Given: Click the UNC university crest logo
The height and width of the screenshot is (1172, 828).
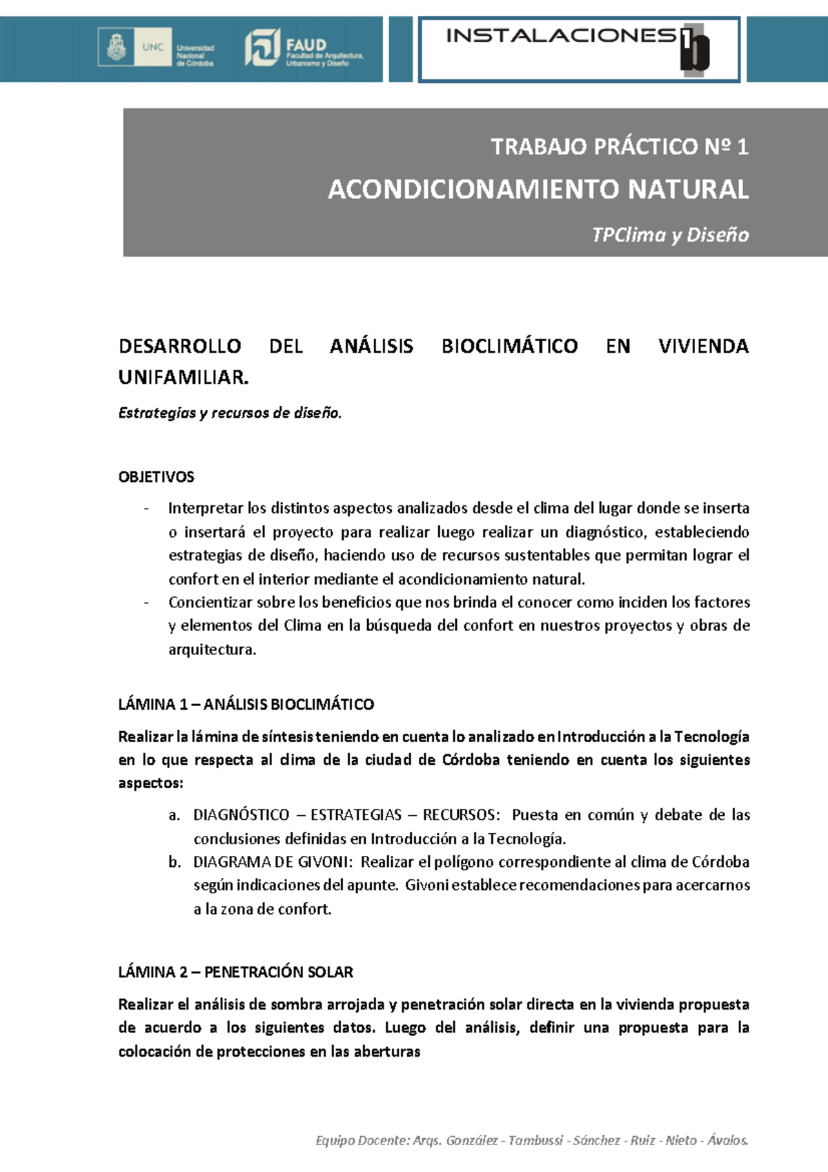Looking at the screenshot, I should [117, 48].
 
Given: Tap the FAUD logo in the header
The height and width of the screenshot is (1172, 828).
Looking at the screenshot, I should [304, 48].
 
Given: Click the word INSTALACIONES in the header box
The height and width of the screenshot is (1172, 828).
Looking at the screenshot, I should [560, 36].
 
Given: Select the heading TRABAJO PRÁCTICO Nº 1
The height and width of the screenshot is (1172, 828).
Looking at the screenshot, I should [619, 147].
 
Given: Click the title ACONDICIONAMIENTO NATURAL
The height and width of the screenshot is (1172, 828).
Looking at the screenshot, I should [538, 189].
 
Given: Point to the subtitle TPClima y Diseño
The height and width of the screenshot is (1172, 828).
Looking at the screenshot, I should [670, 235].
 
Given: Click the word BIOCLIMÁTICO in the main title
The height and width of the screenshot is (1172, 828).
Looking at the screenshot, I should [509, 346].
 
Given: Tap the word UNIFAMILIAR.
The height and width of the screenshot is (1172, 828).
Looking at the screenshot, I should [183, 378].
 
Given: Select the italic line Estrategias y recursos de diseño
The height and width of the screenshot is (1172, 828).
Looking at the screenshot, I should [230, 413].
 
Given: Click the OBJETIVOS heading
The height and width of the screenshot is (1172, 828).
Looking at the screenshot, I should [157, 477].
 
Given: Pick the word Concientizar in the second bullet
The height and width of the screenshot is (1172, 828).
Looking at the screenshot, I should [210, 603].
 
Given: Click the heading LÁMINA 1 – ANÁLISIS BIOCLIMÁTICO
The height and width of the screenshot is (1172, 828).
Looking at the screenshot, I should [246, 705].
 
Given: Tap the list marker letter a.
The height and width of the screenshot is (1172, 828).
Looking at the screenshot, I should [173, 815].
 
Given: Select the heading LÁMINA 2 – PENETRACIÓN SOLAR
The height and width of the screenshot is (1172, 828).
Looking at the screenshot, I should [235, 973].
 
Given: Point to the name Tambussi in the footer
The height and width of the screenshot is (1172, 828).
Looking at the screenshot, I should [535, 1140].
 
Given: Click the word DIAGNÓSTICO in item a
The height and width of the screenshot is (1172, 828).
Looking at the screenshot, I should [241, 815].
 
